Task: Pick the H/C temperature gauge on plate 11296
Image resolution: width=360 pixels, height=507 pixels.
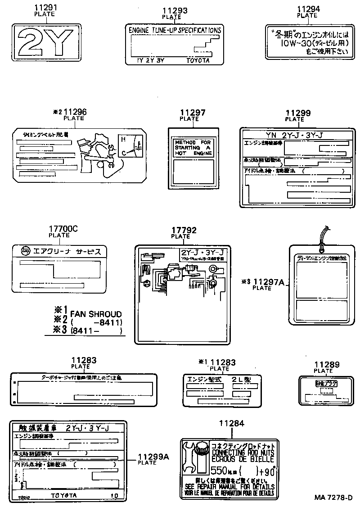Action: tap(132, 145)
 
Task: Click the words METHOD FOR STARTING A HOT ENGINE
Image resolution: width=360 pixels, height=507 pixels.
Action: tap(192, 148)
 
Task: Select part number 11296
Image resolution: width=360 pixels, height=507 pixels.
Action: tap(75, 112)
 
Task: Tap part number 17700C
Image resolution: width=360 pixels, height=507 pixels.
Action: tap(63, 229)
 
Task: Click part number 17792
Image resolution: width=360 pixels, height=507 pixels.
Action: tap(184, 230)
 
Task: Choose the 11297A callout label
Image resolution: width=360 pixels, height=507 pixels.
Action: tap(269, 282)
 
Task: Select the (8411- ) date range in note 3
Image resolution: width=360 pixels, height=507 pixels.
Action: tap(96, 331)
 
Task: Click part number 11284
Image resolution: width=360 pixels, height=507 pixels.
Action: tap(232, 423)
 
